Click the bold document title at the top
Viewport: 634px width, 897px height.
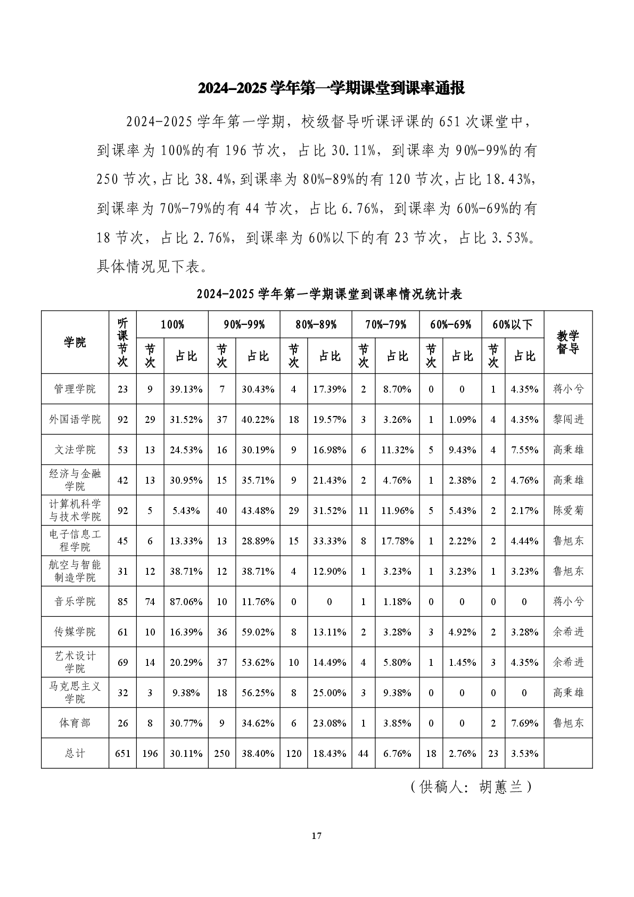[x=331, y=88]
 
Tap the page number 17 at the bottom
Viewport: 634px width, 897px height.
[x=316, y=836]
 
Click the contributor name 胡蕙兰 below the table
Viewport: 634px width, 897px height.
[x=500, y=787]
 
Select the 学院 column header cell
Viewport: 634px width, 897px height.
[x=75, y=342]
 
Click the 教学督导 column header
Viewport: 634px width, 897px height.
[x=567, y=342]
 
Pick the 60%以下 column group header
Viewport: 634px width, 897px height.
[x=512, y=324]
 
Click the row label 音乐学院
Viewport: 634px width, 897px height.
[x=75, y=601]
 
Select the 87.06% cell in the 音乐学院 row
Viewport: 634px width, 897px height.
[x=186, y=602]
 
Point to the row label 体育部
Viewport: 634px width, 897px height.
[x=75, y=723]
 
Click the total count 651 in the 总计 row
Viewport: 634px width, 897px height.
[x=122, y=753]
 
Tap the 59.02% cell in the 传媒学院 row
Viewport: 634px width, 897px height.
[x=258, y=632]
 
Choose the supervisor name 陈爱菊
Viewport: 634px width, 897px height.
[x=568, y=510]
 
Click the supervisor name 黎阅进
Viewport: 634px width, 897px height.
[x=568, y=419]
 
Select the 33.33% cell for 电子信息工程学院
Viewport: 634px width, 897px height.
[x=330, y=541]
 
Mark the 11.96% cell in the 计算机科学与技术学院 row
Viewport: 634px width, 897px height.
[x=397, y=510]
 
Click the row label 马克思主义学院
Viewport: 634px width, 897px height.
[x=75, y=692]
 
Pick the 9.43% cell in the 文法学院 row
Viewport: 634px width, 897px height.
[x=462, y=450]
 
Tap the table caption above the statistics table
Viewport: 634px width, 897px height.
[x=329, y=294]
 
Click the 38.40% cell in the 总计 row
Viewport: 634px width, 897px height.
[x=258, y=753]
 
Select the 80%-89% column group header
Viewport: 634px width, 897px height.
[x=316, y=324]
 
